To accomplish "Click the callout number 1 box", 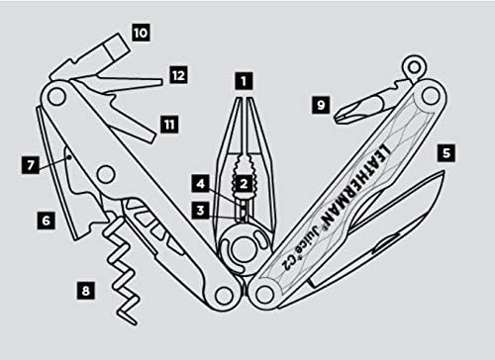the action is [x=244, y=81].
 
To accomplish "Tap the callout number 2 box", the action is [x=244, y=184].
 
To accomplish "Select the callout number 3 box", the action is [x=201, y=211].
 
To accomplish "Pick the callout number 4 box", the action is [x=201, y=184].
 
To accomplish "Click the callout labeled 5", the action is [x=446, y=153].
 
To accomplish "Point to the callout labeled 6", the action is [x=47, y=221].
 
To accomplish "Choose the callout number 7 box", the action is [x=31, y=164].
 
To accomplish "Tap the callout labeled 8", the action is [x=86, y=291].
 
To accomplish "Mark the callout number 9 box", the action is [x=321, y=105].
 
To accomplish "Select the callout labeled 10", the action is [x=141, y=33].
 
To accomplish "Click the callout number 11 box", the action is [x=169, y=125].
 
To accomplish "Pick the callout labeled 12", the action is [x=178, y=75].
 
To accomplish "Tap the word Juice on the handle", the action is [x=303, y=241].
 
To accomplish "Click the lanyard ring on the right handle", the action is [x=414, y=67].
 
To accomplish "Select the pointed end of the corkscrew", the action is [x=135, y=322].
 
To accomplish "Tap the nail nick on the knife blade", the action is [x=385, y=244].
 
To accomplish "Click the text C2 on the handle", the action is [x=286, y=262].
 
